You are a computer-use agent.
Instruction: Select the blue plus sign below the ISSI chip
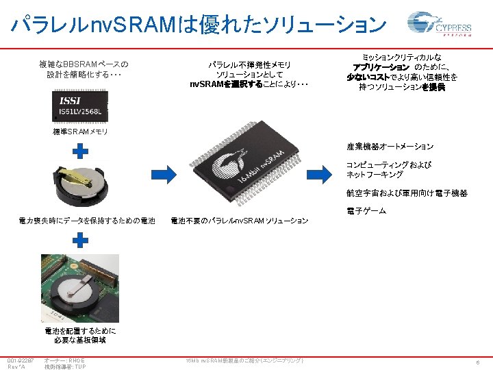click(81, 151)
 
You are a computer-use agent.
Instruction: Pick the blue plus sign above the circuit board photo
click(81, 239)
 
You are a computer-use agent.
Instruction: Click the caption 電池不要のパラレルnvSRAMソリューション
click(239, 221)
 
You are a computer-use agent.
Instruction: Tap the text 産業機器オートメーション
click(390, 147)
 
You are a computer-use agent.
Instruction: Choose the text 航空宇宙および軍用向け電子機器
click(407, 193)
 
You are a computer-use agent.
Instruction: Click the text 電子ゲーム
click(366, 210)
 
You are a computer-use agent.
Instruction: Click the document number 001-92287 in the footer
click(21, 360)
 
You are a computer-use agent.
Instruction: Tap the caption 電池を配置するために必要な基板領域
click(81, 334)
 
